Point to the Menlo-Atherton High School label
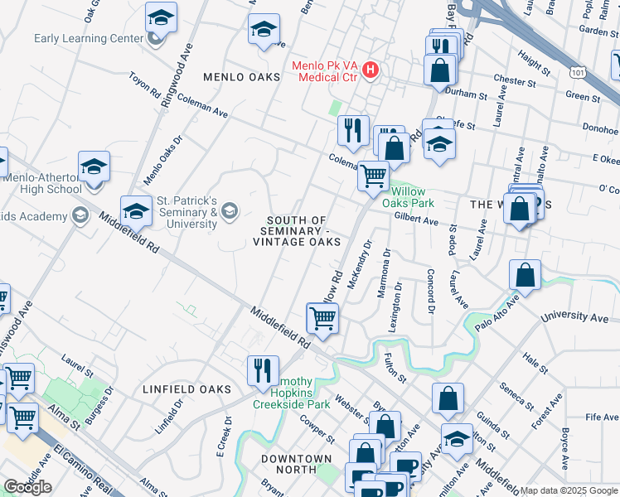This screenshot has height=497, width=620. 41,183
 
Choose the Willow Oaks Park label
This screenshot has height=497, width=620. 412,196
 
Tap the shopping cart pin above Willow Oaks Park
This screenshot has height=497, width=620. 374,174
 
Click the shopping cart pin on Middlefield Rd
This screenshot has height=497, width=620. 322,316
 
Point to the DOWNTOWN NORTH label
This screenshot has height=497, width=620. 297,458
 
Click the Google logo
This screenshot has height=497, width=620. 27,487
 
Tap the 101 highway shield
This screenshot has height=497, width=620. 577,73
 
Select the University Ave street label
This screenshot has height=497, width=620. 574,317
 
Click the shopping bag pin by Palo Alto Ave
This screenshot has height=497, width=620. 526,275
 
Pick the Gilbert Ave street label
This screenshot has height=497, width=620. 416,220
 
